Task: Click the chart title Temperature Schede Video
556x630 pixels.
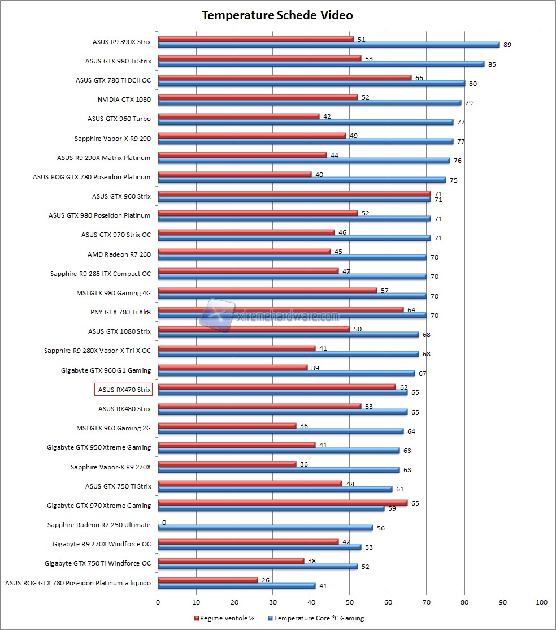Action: click(x=277, y=15)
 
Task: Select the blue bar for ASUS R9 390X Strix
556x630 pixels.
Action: click(x=328, y=45)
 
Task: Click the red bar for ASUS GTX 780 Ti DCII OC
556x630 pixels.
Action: click(x=284, y=77)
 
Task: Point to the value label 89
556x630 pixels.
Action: click(x=507, y=45)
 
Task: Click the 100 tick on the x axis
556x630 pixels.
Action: click(x=541, y=602)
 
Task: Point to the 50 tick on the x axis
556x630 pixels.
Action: click(x=350, y=602)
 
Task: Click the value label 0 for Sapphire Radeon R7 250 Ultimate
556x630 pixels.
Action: click(x=164, y=523)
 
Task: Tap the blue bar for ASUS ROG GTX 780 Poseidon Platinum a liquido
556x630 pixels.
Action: click(x=237, y=585)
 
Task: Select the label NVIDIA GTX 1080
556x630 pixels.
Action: click(x=124, y=100)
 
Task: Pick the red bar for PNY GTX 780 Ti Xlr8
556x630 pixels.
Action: click(x=280, y=309)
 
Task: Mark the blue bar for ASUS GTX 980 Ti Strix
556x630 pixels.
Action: click(x=321, y=64)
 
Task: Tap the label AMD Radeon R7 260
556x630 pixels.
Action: click(x=119, y=254)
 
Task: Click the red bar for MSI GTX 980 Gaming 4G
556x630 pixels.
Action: click(x=267, y=290)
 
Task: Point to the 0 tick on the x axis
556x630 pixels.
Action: click(x=158, y=602)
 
